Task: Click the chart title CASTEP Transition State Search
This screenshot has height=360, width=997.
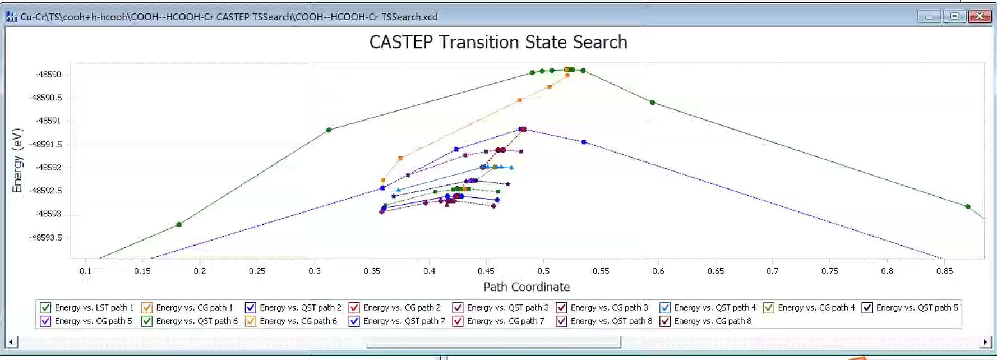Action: (498, 42)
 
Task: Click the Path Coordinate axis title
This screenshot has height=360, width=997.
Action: (527, 287)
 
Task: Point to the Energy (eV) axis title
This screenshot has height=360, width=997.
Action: (17, 161)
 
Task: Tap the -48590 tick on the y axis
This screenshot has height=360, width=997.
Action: (48, 75)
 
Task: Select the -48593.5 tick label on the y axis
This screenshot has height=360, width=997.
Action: (45, 238)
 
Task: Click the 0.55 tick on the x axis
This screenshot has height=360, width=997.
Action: (601, 271)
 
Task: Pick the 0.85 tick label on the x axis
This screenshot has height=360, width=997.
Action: (944, 271)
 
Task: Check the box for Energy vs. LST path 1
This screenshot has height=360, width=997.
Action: (45, 308)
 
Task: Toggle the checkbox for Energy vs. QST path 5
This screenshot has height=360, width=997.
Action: (867, 308)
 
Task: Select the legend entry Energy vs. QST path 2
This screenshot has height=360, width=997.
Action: (301, 308)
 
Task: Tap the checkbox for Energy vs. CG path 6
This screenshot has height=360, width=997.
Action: (251, 321)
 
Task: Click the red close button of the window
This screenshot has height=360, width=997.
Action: (979, 16)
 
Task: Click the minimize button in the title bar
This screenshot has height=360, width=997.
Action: (929, 16)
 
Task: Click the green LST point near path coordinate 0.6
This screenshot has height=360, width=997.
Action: (652, 103)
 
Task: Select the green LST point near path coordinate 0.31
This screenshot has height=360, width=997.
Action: (329, 130)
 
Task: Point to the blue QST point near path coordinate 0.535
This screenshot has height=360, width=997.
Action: (584, 142)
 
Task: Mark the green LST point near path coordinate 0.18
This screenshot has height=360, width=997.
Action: (179, 225)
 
